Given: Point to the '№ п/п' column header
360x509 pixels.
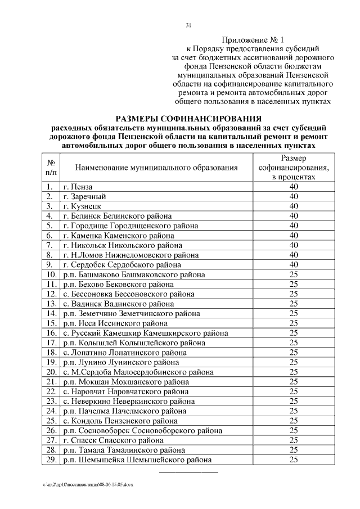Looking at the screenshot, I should coord(50,167).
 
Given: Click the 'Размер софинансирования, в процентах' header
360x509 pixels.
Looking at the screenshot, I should coord(293,167).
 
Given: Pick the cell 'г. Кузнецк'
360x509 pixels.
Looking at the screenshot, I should coord(83,206).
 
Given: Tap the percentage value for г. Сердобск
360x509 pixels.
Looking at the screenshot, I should coord(293,264).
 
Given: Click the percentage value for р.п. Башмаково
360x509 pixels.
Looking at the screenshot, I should coord(293,274).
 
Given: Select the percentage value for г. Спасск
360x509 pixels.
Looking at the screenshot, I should coord(293,440).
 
